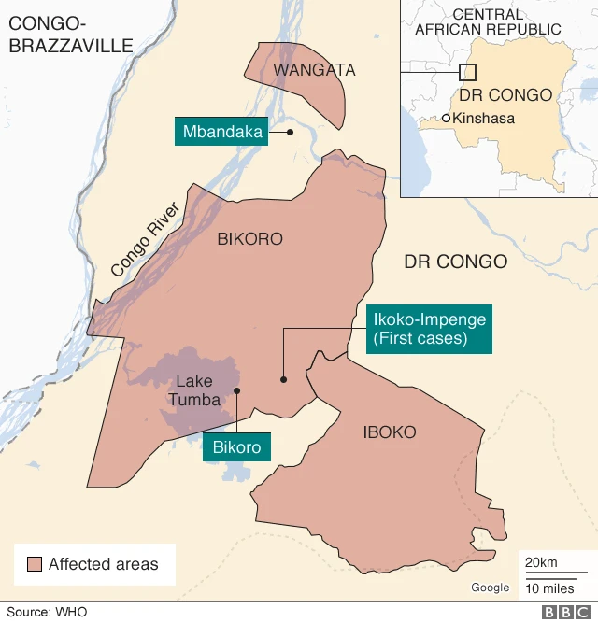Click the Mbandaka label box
tap(221, 132)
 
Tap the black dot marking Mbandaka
tap(291, 132)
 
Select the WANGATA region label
tap(301, 70)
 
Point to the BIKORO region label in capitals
tap(249, 239)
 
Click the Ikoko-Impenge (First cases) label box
tap(429, 329)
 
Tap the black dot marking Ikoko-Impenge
tap(282, 379)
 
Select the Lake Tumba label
tap(194, 390)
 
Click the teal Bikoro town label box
tap(236, 447)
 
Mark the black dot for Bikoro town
tap(237, 390)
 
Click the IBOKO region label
tap(390, 432)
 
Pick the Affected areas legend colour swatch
tap(35, 564)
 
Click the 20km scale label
tap(542, 562)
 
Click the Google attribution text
tap(490, 588)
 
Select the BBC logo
tap(564, 612)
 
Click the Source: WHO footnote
tap(47, 612)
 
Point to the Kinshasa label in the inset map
tap(483, 119)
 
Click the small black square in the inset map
tap(468, 71)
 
